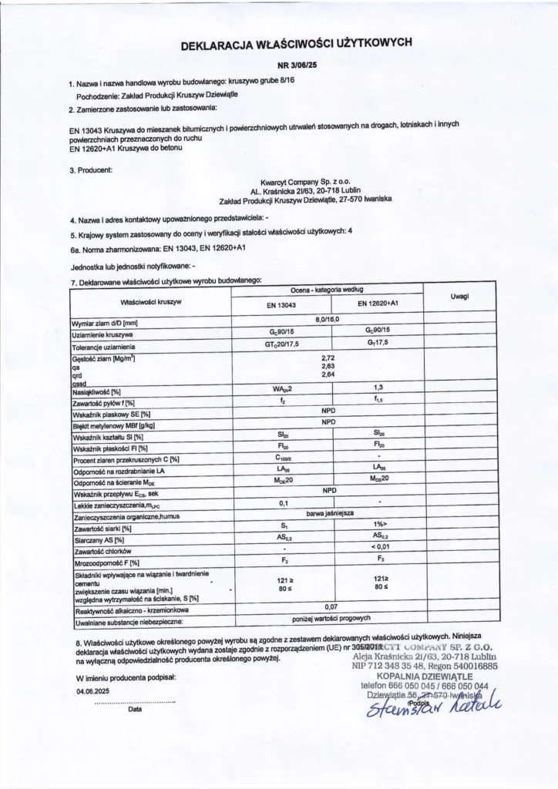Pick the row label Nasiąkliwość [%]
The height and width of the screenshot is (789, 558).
coord(101,393)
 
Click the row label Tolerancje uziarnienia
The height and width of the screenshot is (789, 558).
coord(104,348)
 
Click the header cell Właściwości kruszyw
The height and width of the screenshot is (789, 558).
coord(151,301)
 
